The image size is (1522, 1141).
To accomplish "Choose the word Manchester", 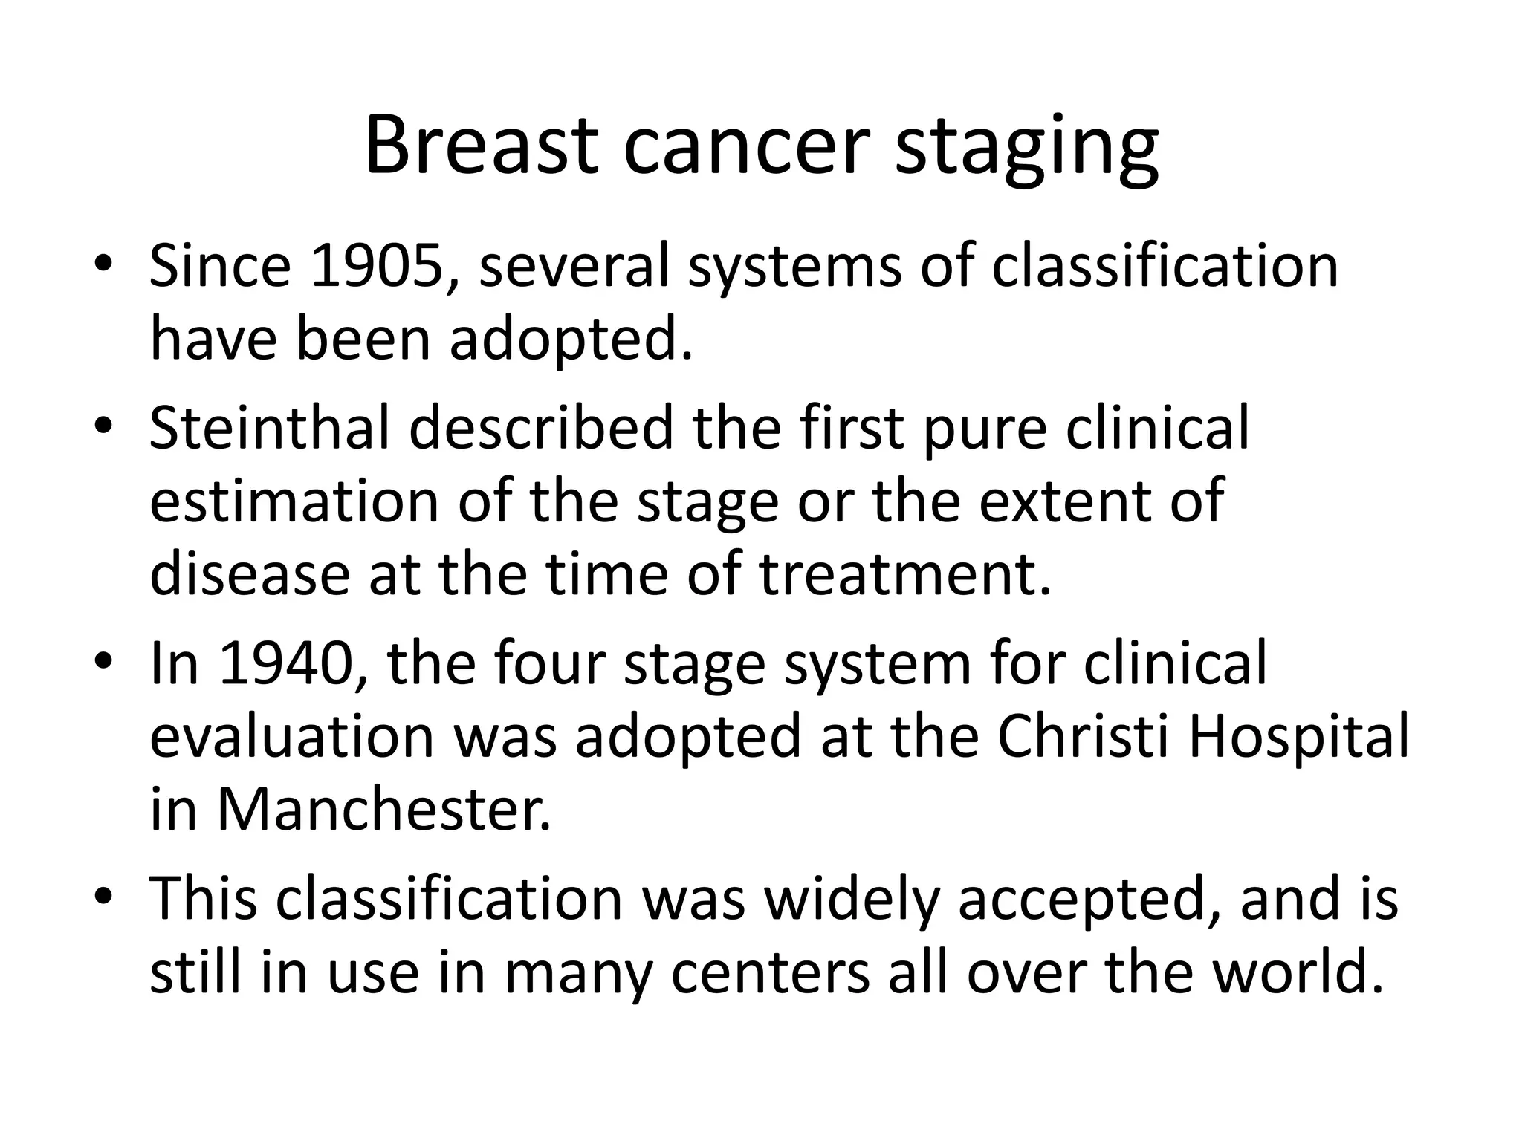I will [x=383, y=810].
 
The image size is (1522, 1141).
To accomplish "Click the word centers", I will [x=770, y=973].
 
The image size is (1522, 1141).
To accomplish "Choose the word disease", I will [x=250, y=575].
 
